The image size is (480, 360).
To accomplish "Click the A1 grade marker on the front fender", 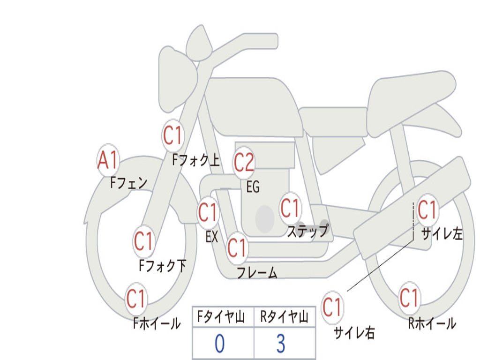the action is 108,160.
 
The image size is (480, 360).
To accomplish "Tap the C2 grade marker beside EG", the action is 244,163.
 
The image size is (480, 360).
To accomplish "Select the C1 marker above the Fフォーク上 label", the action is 173,135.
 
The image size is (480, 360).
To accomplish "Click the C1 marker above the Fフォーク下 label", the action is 144,241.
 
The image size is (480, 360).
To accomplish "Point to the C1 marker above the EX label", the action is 208,212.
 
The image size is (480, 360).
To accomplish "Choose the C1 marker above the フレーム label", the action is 238,248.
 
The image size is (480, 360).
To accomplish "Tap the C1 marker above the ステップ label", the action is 291,209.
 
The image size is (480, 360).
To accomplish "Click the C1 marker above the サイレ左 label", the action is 427,210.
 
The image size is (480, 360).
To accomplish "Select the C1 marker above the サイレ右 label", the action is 332,307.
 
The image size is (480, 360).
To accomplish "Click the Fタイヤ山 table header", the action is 221,317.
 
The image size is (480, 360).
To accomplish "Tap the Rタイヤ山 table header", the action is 285,317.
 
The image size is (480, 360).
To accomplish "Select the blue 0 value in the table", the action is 220,344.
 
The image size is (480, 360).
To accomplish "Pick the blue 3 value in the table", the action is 281,344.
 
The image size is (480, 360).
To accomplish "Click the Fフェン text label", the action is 128,183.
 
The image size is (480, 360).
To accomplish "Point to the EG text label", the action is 253,187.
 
